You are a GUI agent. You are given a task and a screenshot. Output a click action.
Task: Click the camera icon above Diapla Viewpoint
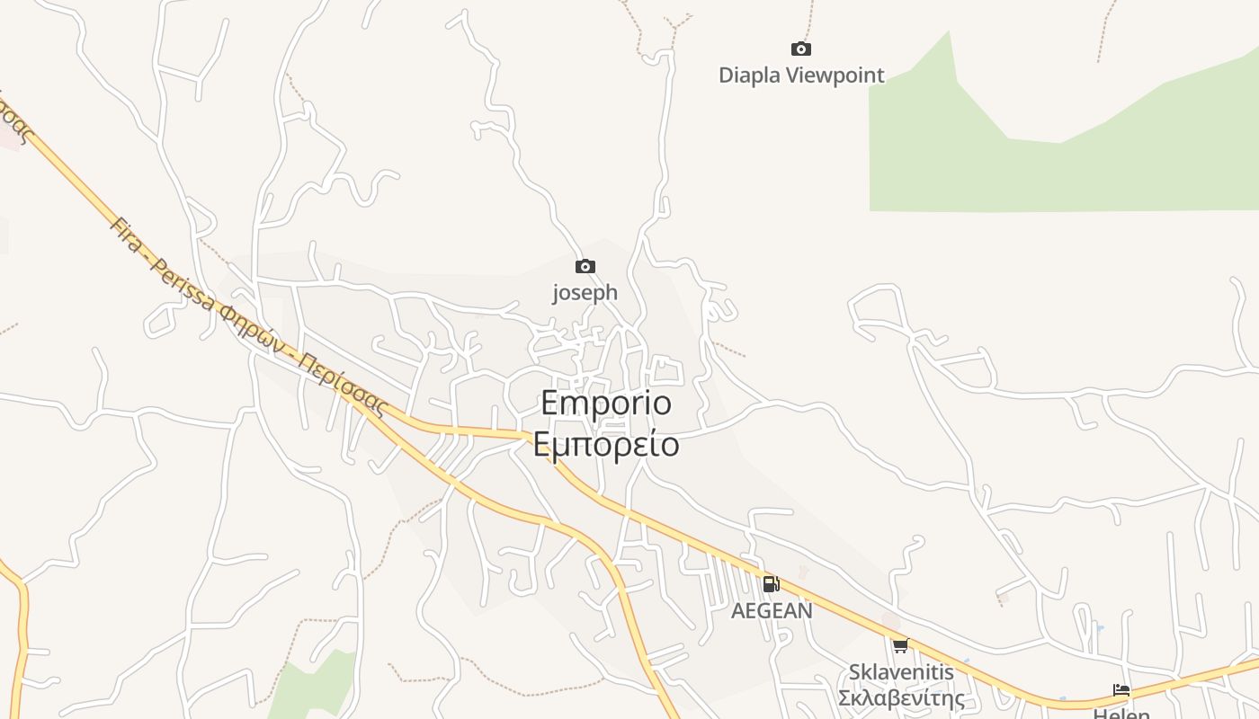click(800, 49)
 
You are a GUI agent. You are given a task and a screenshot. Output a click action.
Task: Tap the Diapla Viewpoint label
click(801, 75)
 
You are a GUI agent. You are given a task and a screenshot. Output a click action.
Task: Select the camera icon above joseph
click(585, 266)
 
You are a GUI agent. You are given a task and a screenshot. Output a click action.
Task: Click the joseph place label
click(585, 292)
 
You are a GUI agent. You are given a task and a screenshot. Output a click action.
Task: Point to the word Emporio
click(606, 404)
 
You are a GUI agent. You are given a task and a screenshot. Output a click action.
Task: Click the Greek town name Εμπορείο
click(606, 444)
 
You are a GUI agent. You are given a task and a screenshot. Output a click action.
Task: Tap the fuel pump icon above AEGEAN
click(771, 584)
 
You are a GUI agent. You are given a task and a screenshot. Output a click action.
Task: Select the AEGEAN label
click(772, 611)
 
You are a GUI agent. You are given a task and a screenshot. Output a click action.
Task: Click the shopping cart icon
click(900, 645)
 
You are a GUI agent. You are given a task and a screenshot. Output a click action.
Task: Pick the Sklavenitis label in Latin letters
click(901, 672)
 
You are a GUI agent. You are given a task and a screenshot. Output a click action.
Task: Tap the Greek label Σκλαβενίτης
click(901, 698)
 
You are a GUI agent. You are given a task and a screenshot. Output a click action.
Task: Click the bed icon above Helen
click(1121, 690)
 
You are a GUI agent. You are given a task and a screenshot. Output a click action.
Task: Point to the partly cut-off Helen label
click(1121, 713)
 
